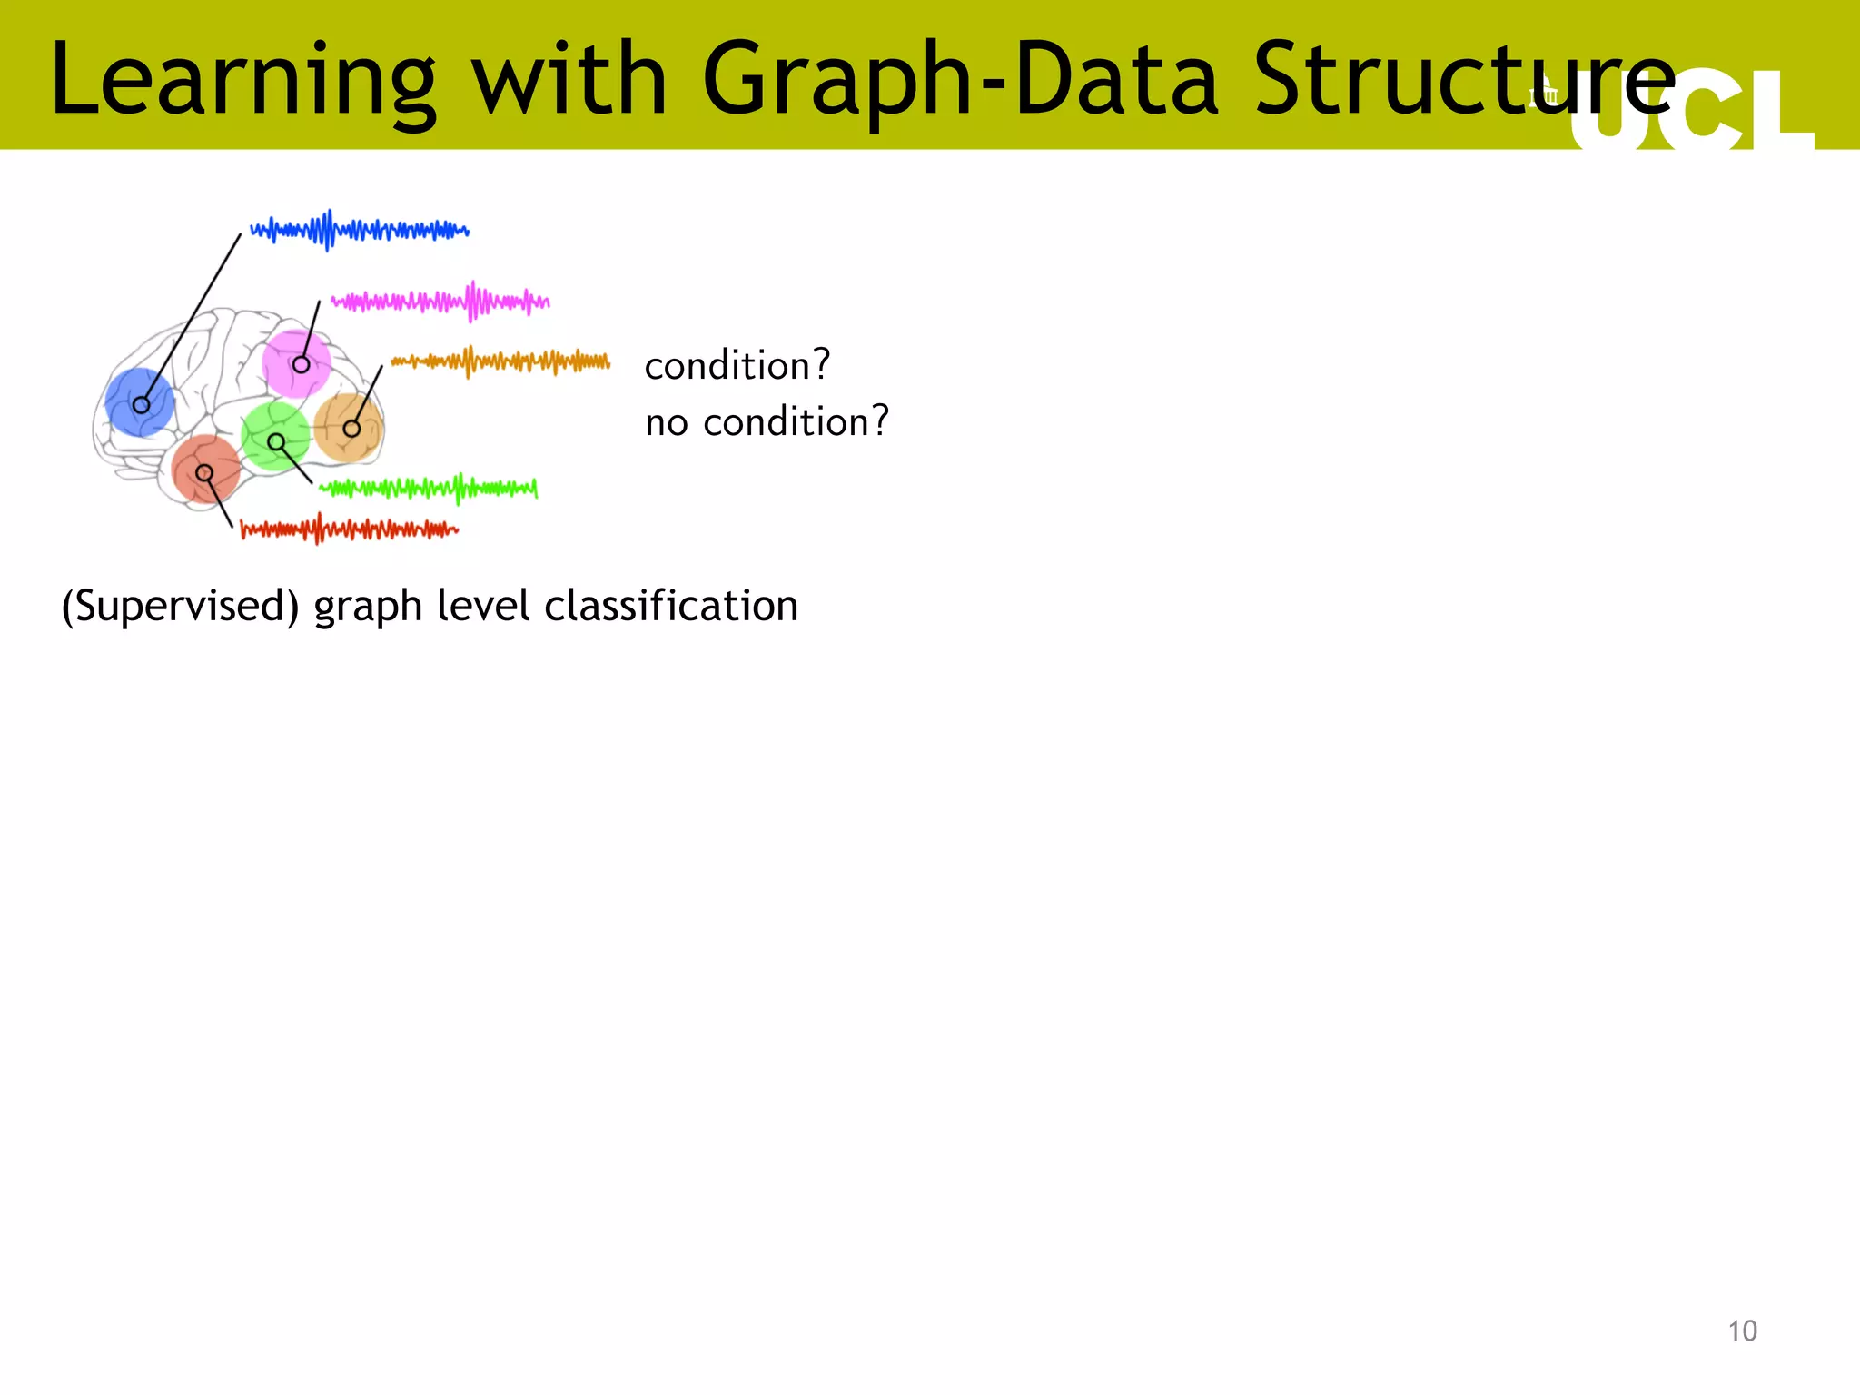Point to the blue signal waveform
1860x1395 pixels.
coord(360,230)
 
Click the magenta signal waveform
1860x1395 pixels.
coord(440,301)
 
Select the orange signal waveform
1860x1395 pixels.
coord(500,361)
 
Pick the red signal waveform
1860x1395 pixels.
coord(350,529)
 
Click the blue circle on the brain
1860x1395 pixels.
coord(140,402)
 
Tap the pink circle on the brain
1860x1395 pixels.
coord(295,363)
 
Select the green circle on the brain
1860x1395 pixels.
coord(276,436)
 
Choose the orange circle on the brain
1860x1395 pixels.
coord(349,427)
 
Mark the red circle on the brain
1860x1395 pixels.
coord(205,469)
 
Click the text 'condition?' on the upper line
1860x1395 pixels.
coord(737,365)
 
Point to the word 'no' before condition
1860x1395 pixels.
coord(667,422)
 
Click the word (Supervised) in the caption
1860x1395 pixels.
coord(180,606)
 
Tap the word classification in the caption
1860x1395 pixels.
coord(671,606)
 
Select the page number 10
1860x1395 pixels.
coord(1742,1331)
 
